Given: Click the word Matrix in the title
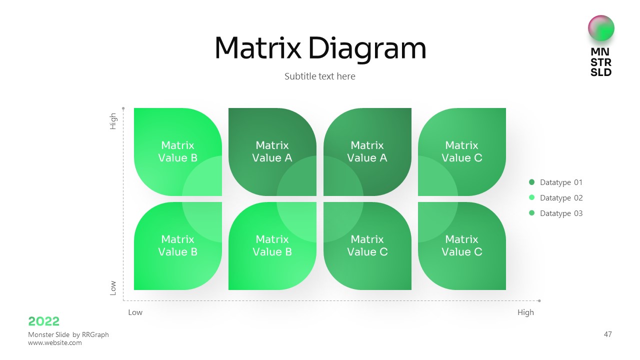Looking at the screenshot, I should point(257,48).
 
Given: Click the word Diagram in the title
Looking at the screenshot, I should point(367,49).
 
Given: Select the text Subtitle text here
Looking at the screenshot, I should point(320,76).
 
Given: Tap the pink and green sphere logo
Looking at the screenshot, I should point(601,28).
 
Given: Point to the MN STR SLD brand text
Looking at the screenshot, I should point(601,62).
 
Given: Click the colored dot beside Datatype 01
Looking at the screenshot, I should point(531,182).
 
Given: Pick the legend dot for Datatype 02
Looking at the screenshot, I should point(531,198).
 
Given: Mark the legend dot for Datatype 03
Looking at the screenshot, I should point(531,213).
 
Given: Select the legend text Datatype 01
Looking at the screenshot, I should point(561,182).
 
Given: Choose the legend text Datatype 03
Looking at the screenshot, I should point(561,213).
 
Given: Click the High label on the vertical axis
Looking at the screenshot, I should point(113,121).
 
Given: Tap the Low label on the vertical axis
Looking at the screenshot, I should point(113,287).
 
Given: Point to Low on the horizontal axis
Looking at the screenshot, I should point(135,312).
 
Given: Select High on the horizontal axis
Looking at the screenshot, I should point(525,312).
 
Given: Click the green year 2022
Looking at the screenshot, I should point(44,321).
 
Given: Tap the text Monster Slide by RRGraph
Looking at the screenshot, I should point(68,334).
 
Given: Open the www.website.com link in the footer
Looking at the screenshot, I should point(55,343).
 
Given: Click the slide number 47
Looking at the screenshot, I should point(607,334).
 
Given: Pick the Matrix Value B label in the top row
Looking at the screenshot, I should point(177,151).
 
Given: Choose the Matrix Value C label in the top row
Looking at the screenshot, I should point(461,151).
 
